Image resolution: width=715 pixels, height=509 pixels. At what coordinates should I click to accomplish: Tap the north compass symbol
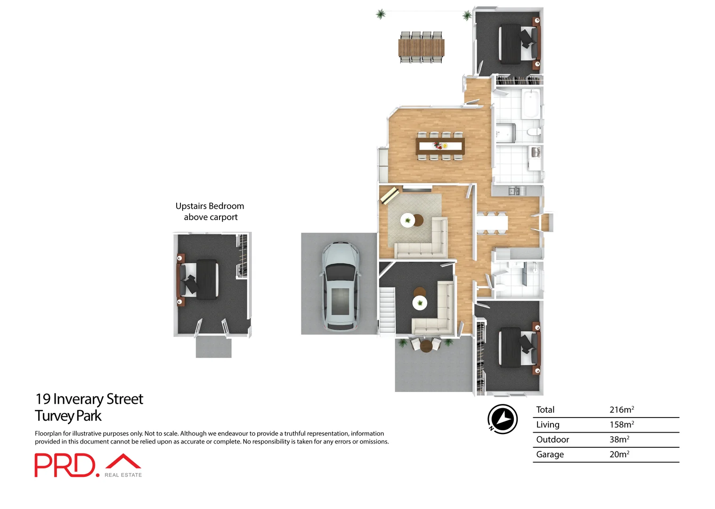[502, 419]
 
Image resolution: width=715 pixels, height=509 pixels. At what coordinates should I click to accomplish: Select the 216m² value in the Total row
[621, 410]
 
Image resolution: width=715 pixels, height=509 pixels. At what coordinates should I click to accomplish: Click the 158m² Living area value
[621, 425]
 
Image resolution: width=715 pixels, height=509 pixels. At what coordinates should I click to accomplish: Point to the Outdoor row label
[552, 440]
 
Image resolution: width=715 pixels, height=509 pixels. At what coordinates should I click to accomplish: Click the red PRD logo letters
[65, 465]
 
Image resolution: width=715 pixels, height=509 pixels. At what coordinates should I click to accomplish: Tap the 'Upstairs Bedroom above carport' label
[210, 212]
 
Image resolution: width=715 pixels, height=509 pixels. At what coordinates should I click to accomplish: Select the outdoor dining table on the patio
[421, 48]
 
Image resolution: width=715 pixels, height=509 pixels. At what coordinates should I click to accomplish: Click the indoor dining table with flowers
[440, 146]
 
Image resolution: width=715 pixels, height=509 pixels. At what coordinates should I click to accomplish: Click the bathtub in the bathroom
[531, 104]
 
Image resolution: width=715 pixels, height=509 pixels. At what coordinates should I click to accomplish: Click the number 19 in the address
[43, 399]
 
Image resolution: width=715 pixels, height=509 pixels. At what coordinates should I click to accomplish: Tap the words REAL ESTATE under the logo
[123, 475]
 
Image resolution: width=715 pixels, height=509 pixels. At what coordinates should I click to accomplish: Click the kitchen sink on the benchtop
[514, 191]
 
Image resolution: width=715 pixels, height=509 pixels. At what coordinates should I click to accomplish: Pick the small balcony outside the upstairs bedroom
[213, 348]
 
